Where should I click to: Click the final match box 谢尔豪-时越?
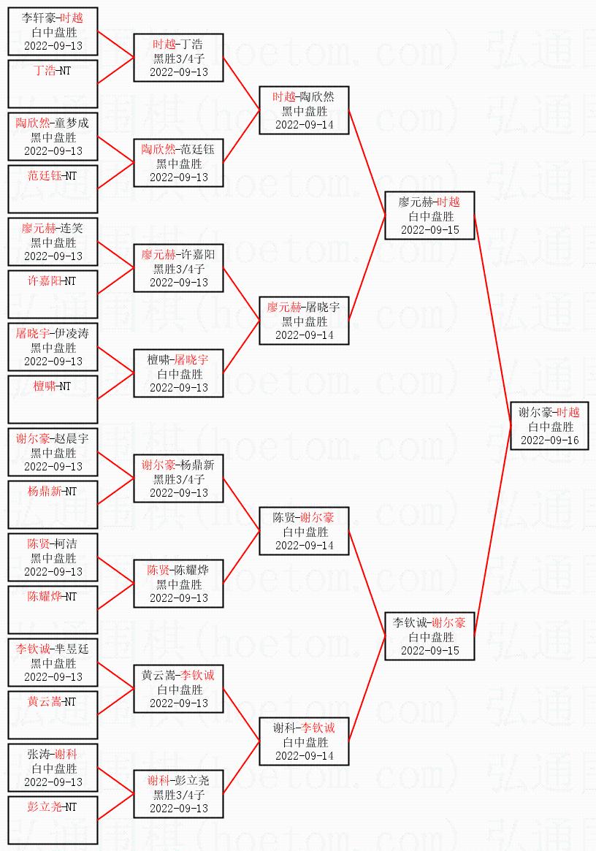[549, 426]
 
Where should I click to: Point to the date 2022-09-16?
[549, 440]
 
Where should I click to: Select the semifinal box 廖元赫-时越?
[429, 215]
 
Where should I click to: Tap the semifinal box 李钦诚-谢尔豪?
[429, 636]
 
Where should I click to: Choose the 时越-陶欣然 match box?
[304, 110]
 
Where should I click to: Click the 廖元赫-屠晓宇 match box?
[304, 321]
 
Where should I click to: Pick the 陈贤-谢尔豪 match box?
[304, 531]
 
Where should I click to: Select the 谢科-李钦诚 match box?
[304, 741]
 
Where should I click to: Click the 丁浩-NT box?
[53, 84]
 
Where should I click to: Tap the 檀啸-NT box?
[53, 400]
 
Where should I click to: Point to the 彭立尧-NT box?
[53, 820]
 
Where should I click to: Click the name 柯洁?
[66, 544]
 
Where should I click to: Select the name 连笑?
[72, 229]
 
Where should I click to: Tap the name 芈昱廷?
[72, 649]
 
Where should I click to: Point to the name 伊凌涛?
[72, 334]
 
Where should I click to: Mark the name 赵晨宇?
[72, 439]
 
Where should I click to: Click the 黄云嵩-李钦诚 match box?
[178, 689]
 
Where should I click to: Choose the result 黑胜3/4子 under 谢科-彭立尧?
[178, 795]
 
